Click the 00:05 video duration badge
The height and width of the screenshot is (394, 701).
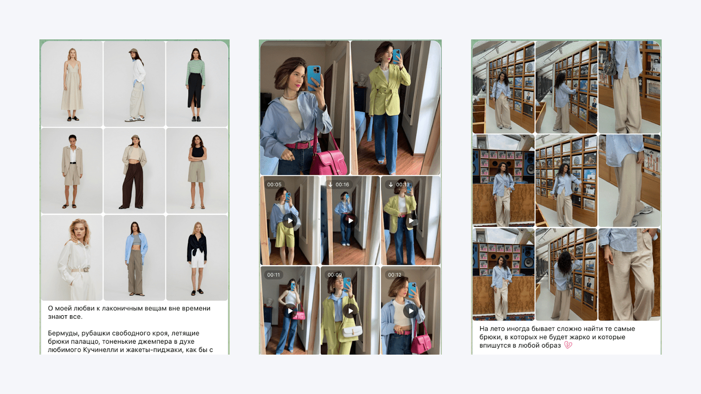pyautogui.click(x=274, y=184)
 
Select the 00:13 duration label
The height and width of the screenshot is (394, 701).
pyautogui.click(x=399, y=184)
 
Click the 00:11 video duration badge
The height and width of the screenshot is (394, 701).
pyautogui.click(x=273, y=275)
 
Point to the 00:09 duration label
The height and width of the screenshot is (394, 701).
pyautogui.click(x=335, y=275)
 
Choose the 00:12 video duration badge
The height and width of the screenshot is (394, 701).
pyautogui.click(x=395, y=275)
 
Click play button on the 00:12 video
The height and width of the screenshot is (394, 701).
pyautogui.click(x=411, y=311)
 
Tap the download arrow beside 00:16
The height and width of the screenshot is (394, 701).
pyautogui.click(x=330, y=184)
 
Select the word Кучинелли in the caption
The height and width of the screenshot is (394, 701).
pyautogui.click(x=100, y=350)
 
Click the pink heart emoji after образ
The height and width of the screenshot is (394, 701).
pyautogui.click(x=568, y=345)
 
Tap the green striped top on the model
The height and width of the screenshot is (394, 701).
pyautogui.click(x=195, y=72)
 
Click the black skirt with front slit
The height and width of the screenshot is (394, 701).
pyautogui.click(x=195, y=90)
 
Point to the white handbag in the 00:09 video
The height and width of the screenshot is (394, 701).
pyautogui.click(x=352, y=330)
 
